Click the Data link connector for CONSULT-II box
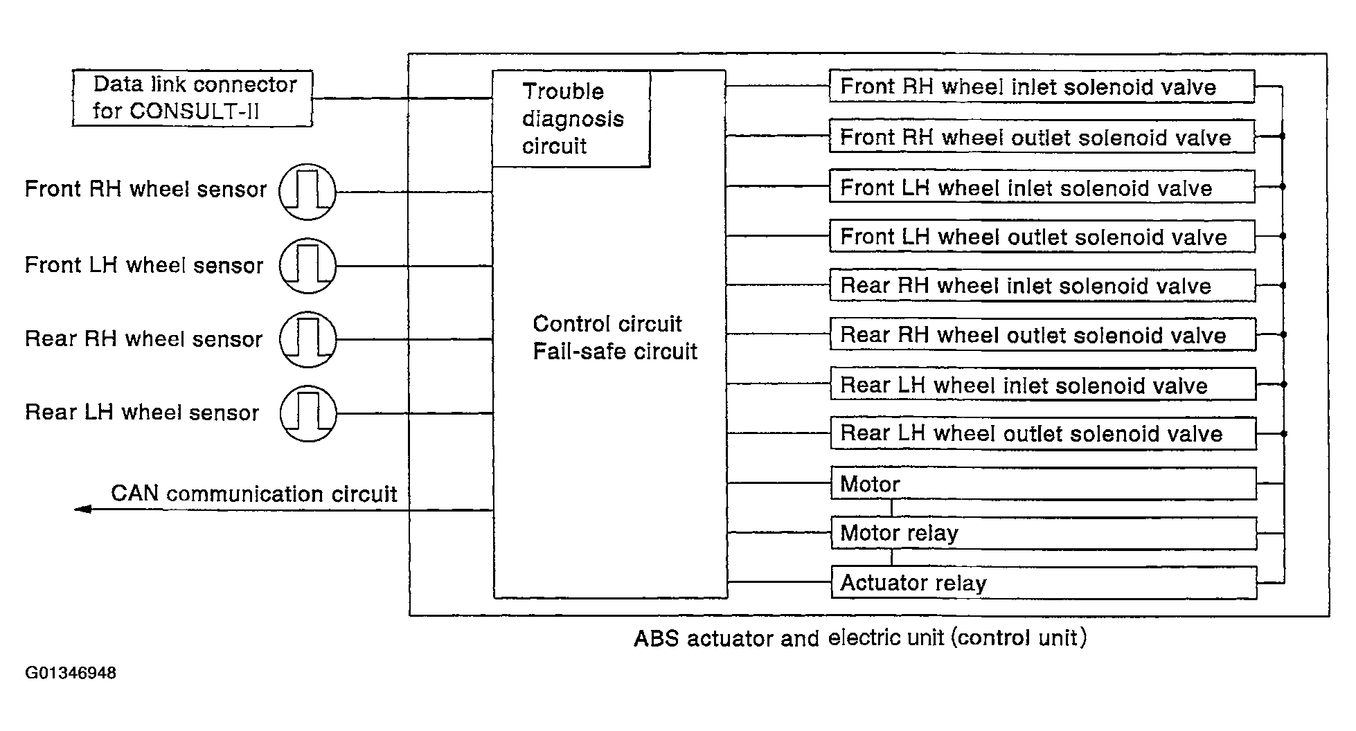(x=193, y=98)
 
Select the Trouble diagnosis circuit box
(x=571, y=118)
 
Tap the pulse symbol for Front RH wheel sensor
(x=307, y=192)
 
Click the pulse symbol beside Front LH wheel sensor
(x=307, y=266)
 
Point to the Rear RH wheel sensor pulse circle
(x=308, y=339)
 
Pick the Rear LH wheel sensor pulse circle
(x=308, y=413)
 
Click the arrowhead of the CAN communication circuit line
(x=82, y=509)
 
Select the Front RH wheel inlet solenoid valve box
(x=1042, y=87)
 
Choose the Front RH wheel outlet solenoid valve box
(x=1042, y=136)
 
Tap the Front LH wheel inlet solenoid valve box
(x=1042, y=187)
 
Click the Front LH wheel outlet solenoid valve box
(x=1042, y=236)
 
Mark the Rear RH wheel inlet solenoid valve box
(x=1042, y=285)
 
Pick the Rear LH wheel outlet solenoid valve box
(x=1043, y=433)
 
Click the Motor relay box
(x=1044, y=533)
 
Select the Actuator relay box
(x=1044, y=583)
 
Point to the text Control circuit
(x=607, y=323)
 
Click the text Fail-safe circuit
(x=615, y=351)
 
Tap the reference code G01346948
(x=71, y=673)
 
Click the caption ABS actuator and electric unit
(x=789, y=638)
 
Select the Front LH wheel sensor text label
(x=144, y=265)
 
